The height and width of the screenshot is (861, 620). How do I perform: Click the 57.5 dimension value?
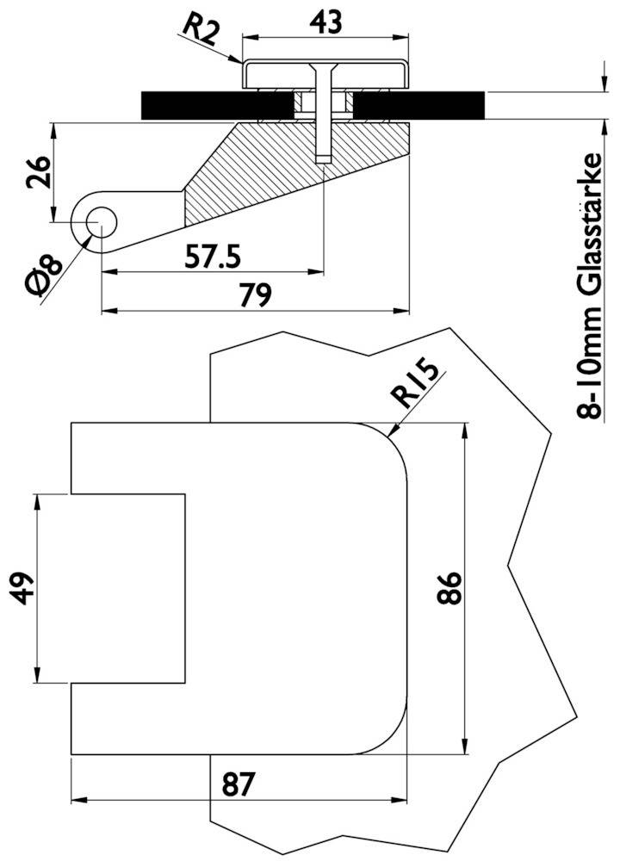[214, 256]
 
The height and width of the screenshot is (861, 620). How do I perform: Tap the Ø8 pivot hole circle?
[100, 220]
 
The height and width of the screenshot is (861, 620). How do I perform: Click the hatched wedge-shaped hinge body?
[284, 172]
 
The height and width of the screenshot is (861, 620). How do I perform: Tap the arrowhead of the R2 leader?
[240, 61]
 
